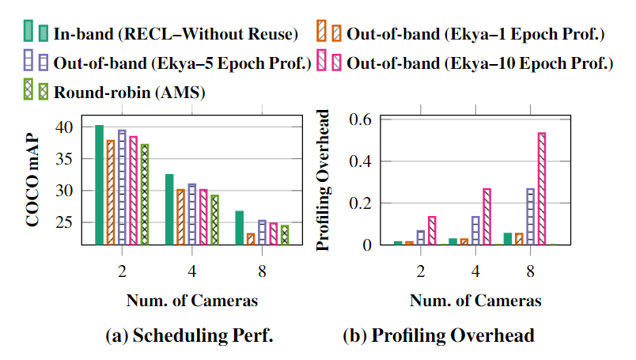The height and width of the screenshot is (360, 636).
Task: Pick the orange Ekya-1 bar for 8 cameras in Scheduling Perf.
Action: (250, 239)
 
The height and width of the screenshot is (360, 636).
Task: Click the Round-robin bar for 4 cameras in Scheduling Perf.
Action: (214, 220)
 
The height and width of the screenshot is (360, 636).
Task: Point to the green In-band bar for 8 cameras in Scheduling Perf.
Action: (239, 228)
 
